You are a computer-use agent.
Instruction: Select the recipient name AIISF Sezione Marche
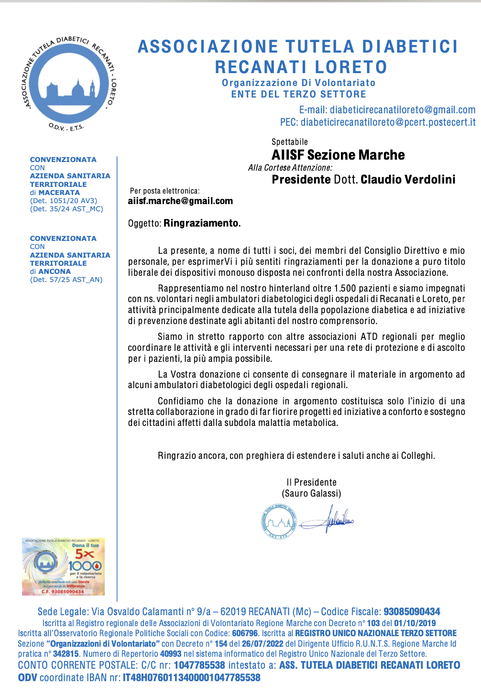tap(338, 155)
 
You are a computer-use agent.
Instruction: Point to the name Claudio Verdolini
tap(408, 180)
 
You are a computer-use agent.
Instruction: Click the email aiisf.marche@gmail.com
tap(180, 201)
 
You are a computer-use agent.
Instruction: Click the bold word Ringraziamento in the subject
tap(201, 223)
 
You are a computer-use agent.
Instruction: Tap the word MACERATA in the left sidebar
tap(59, 192)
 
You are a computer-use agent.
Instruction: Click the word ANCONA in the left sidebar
tap(55, 271)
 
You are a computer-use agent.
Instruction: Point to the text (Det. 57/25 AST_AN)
tap(66, 280)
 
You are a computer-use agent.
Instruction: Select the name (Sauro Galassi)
tap(311, 493)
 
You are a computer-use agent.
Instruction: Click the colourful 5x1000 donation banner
tap(63, 567)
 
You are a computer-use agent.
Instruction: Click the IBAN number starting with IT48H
tap(191, 678)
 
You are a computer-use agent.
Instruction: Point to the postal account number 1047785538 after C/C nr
tap(199, 665)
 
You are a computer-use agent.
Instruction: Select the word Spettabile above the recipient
tap(290, 142)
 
